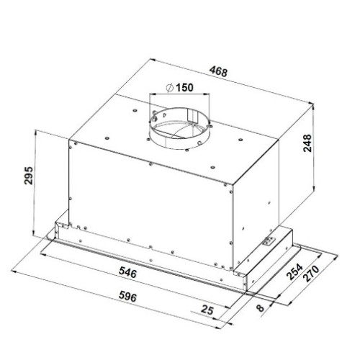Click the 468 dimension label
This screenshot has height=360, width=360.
point(218,71)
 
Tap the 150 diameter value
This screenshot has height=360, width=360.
point(184,87)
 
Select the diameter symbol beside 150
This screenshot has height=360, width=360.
point(170,88)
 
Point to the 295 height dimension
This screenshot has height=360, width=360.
point(29,175)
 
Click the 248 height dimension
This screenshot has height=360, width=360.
point(307,143)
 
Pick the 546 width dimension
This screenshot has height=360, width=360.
point(127,273)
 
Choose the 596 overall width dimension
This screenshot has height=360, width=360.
point(127,297)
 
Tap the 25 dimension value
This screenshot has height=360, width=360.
point(207,310)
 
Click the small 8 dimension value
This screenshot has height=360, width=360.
point(260,307)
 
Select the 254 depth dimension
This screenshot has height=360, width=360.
point(294,272)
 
